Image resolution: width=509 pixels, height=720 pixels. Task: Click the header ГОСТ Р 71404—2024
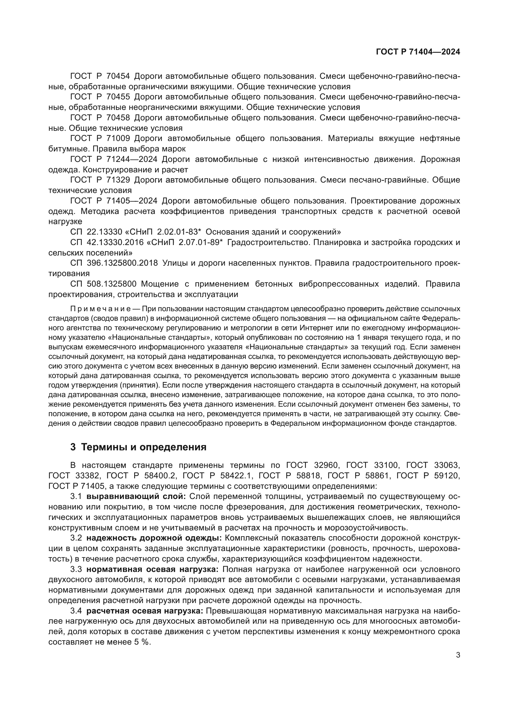click(418, 52)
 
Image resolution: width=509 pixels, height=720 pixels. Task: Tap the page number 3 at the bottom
click(458, 655)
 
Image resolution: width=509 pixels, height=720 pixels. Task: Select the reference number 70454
click(118, 76)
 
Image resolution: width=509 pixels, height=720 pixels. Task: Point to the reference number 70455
click(118, 97)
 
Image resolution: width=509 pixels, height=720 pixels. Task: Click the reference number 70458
click(118, 118)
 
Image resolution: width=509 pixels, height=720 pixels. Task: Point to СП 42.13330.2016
click(106, 242)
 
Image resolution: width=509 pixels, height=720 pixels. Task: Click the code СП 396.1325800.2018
click(114, 263)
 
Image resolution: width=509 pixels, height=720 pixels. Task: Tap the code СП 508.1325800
click(103, 284)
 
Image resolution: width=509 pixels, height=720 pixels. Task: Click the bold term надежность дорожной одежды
click(154, 538)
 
